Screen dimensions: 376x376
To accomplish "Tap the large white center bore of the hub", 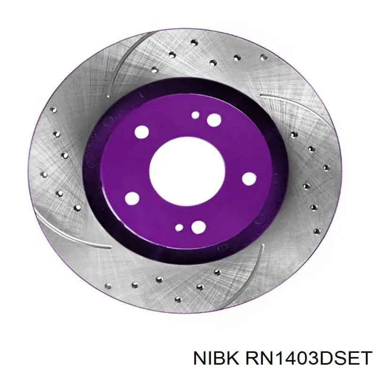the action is click(187, 172).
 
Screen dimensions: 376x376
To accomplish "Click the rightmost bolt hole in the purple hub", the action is click(249, 179).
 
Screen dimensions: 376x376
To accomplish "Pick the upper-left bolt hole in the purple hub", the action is click(142, 132).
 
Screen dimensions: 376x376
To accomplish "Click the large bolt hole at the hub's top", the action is click(214, 120).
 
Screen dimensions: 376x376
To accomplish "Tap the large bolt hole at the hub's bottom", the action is click(198, 227).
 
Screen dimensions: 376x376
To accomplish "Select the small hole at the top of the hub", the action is click(196, 115).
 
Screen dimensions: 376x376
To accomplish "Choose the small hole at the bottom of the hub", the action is click(179, 227).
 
